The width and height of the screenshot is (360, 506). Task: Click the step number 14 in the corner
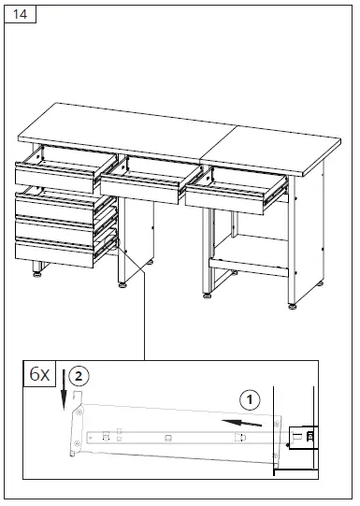click(20, 16)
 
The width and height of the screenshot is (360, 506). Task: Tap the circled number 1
click(249, 400)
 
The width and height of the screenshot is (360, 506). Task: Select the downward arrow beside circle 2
click(64, 387)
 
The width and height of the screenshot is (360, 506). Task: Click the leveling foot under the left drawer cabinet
click(36, 272)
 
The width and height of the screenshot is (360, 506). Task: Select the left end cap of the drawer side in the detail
click(74, 432)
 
